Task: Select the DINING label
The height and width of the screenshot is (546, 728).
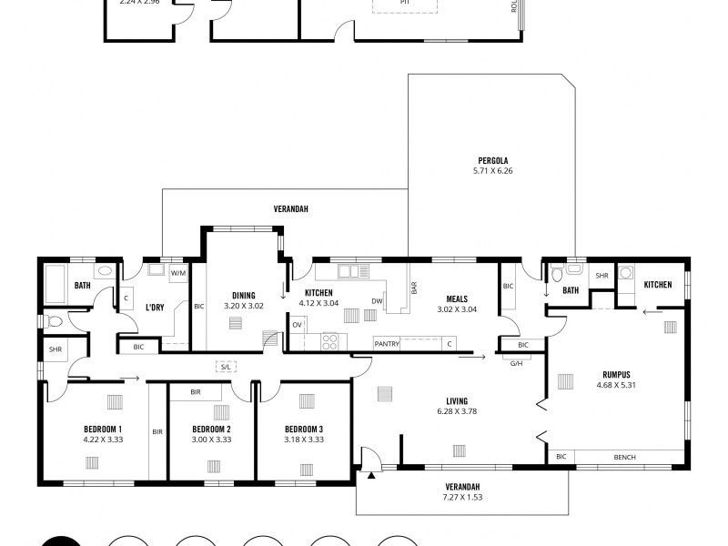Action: [x=243, y=295]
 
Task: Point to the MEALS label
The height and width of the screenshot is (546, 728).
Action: [x=457, y=298]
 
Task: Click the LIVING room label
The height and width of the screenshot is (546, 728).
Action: [x=457, y=400]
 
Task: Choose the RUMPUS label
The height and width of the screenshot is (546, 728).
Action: [x=616, y=374]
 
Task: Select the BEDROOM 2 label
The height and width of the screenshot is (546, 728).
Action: [x=211, y=429]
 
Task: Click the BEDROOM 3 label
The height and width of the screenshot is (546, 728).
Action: [x=303, y=429]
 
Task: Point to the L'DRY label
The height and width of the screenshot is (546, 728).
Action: [x=155, y=308]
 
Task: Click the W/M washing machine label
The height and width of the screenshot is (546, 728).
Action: [x=177, y=272]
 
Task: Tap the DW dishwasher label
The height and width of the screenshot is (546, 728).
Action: [x=376, y=301]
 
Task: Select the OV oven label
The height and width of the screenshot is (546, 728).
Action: [x=297, y=324]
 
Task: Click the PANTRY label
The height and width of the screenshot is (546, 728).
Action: [x=388, y=343]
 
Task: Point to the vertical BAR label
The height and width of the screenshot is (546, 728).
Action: [x=414, y=288]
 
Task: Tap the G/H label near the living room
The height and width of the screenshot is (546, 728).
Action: [x=516, y=361]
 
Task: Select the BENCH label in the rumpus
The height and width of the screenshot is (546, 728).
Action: [x=625, y=457]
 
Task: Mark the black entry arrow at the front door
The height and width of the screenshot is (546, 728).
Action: [x=372, y=473]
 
